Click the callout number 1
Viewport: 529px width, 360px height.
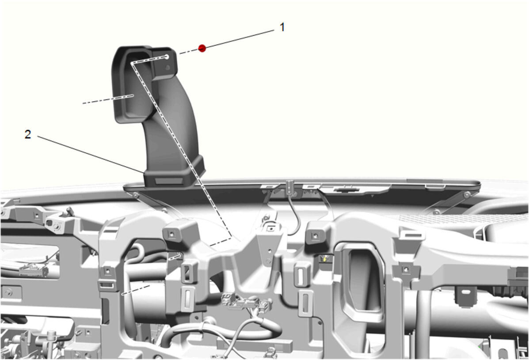[x=282, y=27]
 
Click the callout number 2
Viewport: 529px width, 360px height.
[x=28, y=134]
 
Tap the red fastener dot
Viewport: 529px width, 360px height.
[x=202, y=48]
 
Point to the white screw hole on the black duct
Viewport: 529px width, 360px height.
[x=167, y=56]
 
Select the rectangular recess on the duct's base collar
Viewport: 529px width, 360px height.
[x=168, y=182]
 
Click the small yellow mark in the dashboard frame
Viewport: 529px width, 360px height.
[x=324, y=259]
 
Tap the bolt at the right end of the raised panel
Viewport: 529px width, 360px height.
[x=467, y=194]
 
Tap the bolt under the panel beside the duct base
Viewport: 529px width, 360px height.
[x=135, y=194]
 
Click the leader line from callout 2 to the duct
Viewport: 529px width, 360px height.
[x=90, y=154]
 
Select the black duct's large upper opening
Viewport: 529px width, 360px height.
[x=135, y=84]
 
